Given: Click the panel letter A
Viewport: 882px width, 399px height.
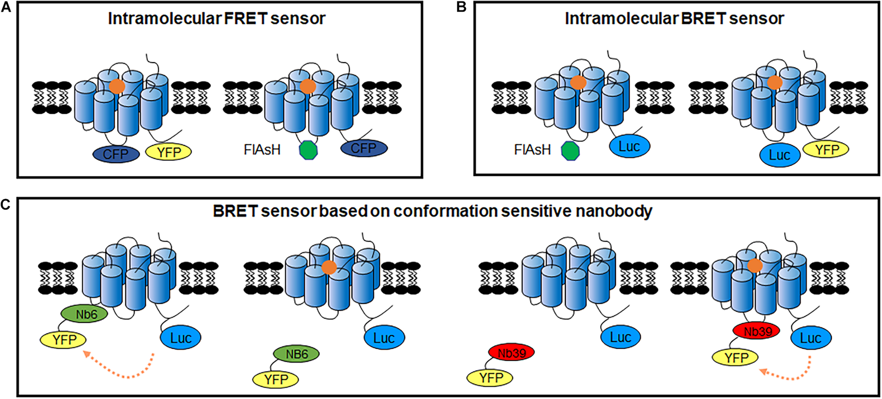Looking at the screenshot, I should [x=6, y=7].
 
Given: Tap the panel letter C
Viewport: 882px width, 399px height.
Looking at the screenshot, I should [x=6, y=205].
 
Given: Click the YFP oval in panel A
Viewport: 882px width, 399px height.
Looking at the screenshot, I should [x=168, y=152].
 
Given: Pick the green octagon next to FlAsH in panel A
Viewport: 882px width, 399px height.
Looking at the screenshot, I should [x=308, y=150].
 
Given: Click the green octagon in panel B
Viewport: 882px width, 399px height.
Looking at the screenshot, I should [x=570, y=150].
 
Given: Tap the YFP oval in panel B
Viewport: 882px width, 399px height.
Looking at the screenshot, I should [x=826, y=150].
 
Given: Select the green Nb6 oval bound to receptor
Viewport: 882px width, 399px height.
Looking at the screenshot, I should [x=85, y=314].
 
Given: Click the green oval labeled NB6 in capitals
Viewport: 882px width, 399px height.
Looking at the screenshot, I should [x=296, y=354].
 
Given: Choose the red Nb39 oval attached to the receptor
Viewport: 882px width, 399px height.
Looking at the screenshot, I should [x=756, y=331].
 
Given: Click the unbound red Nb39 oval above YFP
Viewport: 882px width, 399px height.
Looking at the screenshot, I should [x=512, y=352].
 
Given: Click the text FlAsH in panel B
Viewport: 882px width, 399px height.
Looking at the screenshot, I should [x=532, y=150].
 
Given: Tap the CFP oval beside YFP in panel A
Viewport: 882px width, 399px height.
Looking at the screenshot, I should [x=116, y=154].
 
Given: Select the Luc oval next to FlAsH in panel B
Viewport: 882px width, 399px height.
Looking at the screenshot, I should [x=629, y=146].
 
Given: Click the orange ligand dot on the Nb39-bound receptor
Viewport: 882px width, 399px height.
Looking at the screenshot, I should [x=755, y=265].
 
